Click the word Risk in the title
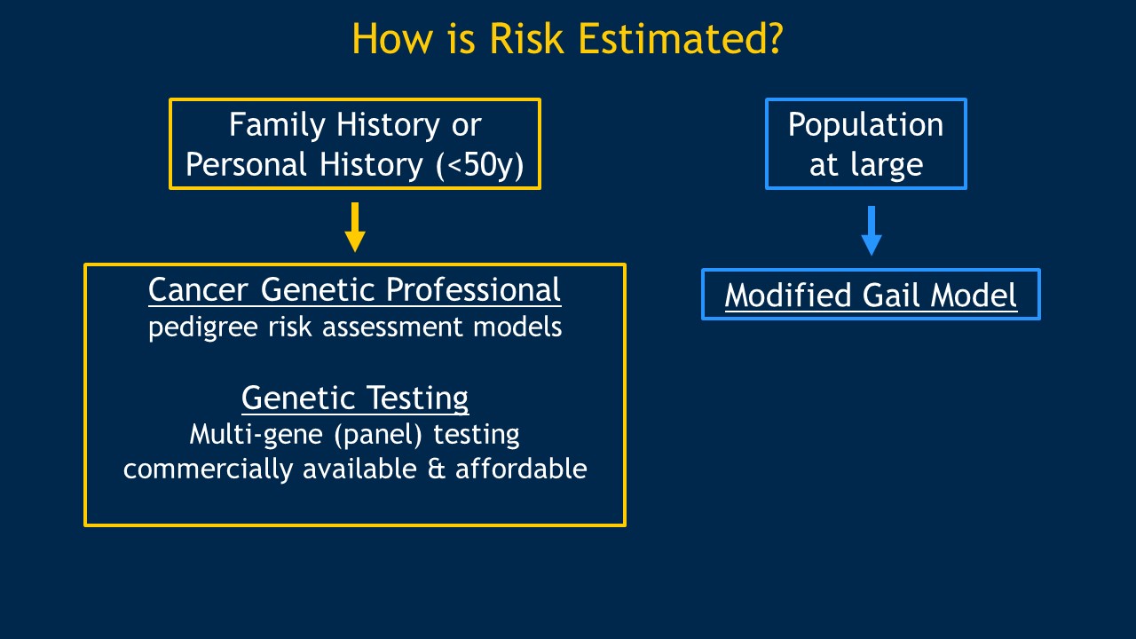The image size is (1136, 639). [526, 38]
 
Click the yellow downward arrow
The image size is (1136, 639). [355, 227]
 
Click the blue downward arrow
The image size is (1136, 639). [872, 230]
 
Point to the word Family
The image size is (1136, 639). [277, 126]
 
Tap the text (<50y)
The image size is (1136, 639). [480, 165]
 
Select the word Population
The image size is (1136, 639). [865, 126]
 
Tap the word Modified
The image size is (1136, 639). [787, 296]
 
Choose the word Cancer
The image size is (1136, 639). [198, 290]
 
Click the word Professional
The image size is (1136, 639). [473, 290]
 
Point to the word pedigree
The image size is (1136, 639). [203, 328]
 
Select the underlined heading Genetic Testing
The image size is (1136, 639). [355, 399]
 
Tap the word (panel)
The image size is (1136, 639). [378, 435]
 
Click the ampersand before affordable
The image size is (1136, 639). [437, 469]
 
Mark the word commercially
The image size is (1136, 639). [208, 469]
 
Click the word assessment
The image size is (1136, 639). [392, 327]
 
